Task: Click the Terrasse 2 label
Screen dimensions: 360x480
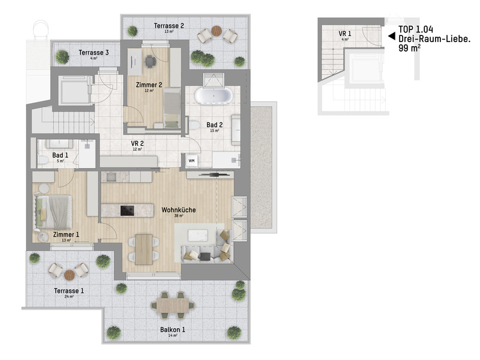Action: point(169,26)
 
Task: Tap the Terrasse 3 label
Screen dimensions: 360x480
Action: point(94,53)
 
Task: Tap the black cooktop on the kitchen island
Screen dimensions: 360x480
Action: point(127,210)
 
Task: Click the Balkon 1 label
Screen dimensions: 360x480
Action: point(172,330)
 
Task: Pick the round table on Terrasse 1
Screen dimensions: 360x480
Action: point(69,274)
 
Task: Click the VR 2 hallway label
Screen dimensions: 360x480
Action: point(137,144)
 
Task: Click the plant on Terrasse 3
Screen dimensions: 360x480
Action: point(62,56)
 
